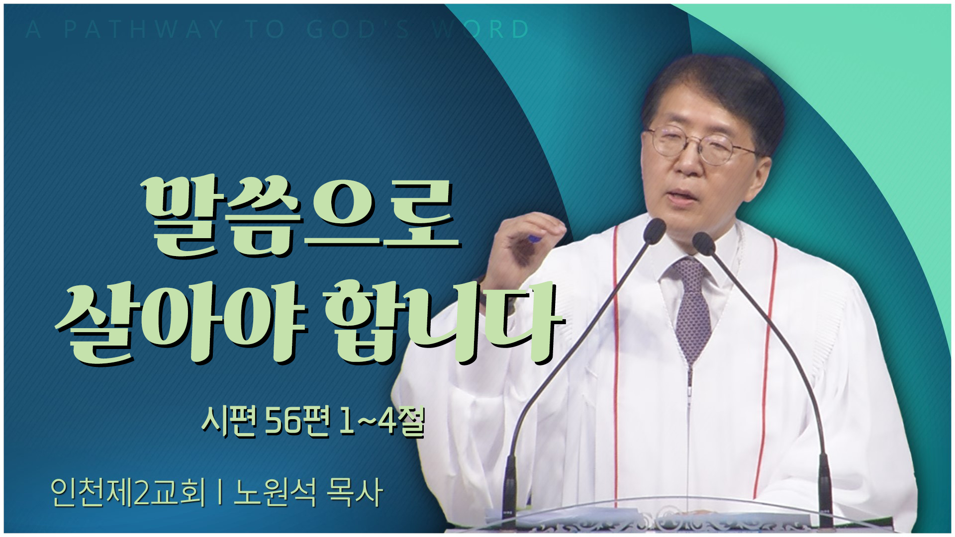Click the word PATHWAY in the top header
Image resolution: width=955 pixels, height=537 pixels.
click(144, 30)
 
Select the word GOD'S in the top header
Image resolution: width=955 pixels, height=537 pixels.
click(358, 30)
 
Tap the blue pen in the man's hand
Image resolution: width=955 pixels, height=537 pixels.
click(533, 239)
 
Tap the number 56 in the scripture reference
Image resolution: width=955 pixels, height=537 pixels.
click(285, 424)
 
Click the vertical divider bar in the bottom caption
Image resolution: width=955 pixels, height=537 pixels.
click(220, 493)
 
